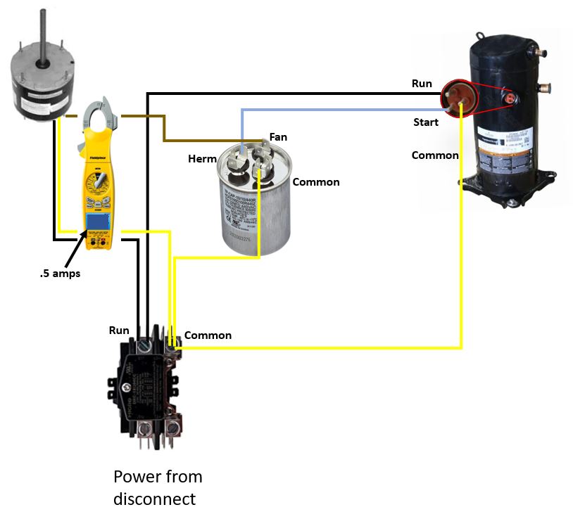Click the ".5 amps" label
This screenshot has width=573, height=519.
point(60,274)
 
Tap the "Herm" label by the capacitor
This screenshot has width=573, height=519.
point(202,159)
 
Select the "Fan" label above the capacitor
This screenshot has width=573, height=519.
point(278,137)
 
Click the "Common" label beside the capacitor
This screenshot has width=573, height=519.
point(316,182)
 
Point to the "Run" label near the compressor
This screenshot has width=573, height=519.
point(422,84)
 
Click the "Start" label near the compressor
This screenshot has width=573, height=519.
point(426,122)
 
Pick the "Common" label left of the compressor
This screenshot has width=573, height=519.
point(435,155)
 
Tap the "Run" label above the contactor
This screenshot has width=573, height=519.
point(119,330)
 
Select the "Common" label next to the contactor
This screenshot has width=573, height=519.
point(208,335)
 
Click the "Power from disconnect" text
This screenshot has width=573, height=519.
point(158,487)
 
